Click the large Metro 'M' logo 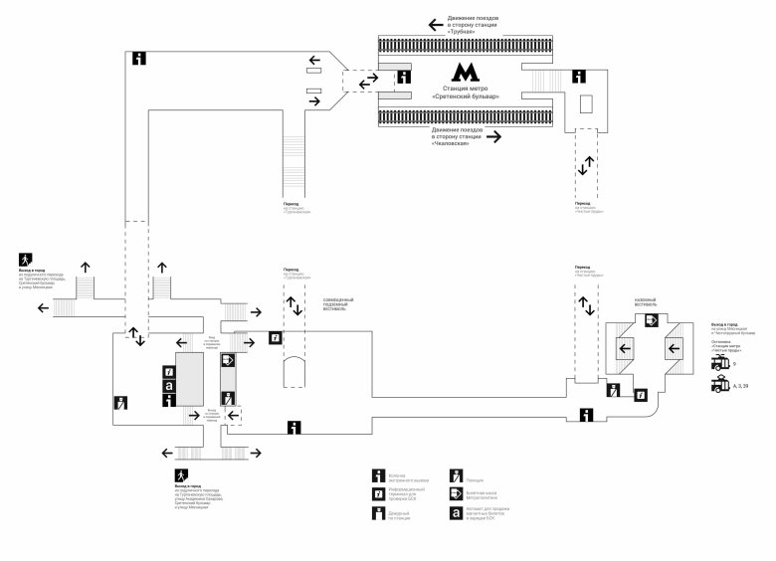465,73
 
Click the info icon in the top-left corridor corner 140,58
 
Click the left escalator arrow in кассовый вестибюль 626,348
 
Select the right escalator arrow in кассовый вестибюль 678,348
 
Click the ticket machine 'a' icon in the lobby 169,385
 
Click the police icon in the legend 456,474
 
